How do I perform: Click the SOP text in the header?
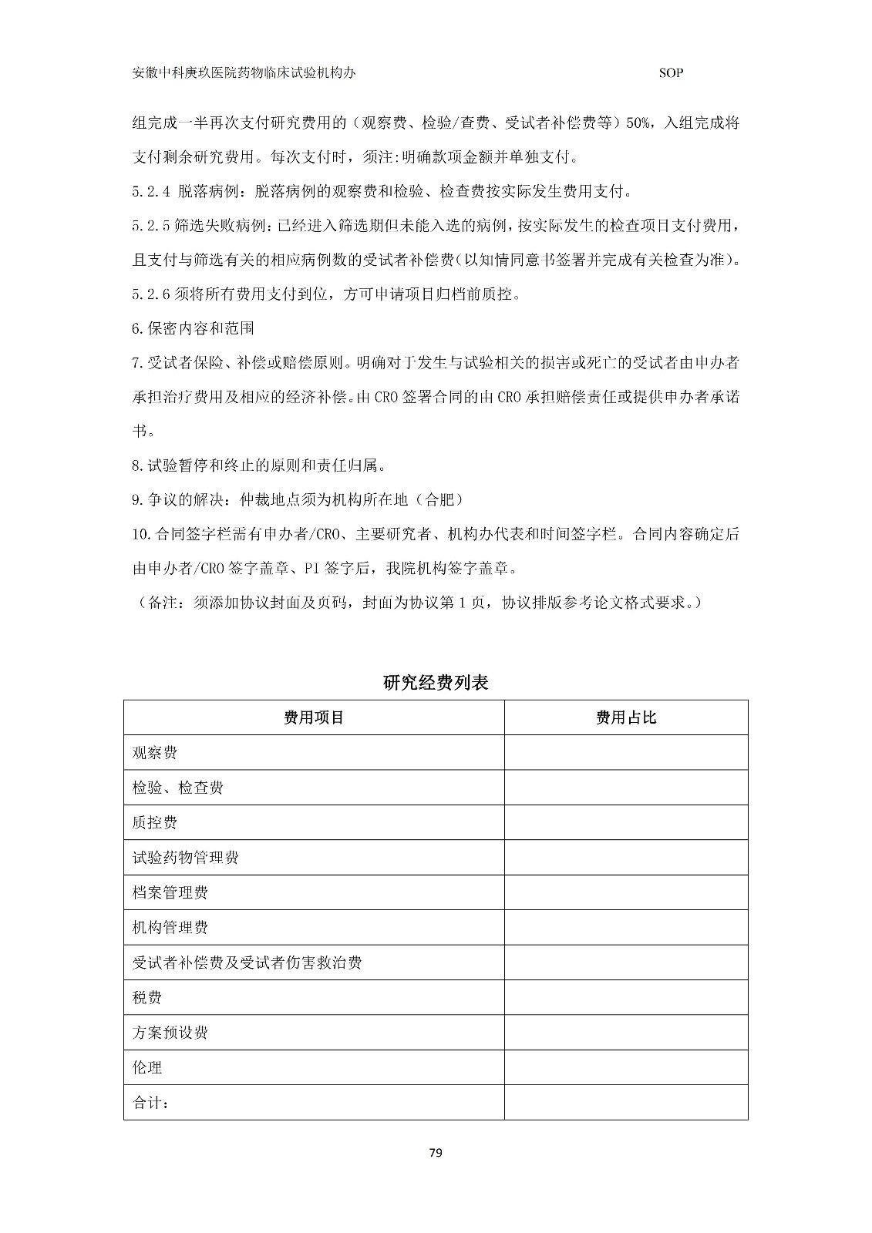(672, 73)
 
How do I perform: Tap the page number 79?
(436, 1153)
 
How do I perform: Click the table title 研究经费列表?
(436, 683)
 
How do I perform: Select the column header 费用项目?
(314, 717)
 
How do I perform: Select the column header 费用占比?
(626, 717)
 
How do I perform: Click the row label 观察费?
(155, 753)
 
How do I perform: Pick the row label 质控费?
(155, 822)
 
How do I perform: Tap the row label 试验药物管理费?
(185, 858)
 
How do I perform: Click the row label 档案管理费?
(170, 892)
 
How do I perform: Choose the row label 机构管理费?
(170, 927)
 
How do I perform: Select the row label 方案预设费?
(170, 1033)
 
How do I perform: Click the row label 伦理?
(147, 1067)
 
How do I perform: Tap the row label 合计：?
(151, 1103)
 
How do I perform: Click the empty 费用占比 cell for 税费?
(626, 997)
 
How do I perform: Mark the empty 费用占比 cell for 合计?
(626, 1103)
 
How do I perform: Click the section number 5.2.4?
(151, 192)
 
